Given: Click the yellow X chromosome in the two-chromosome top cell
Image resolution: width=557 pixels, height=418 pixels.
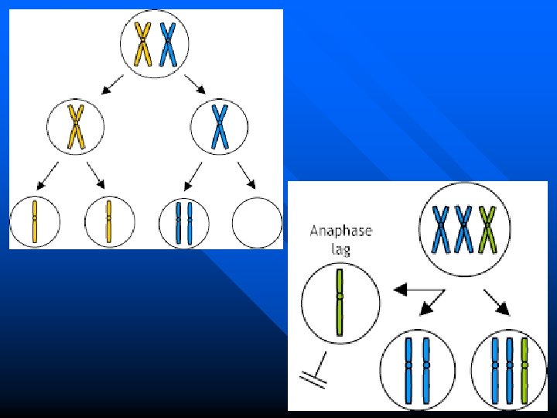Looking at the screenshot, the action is click(143, 44).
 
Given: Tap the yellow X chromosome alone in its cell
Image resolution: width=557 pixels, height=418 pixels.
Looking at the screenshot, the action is click(76, 126).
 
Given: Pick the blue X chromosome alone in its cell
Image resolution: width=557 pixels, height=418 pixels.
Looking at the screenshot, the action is click(220, 126).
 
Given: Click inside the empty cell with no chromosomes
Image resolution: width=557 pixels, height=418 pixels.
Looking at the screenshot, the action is click(257, 223).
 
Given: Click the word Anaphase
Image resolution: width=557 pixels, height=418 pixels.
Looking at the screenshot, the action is click(340, 230).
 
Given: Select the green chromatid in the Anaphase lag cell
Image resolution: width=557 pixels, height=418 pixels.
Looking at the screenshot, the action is click(339, 302).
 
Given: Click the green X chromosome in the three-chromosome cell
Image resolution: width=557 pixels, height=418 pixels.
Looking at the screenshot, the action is click(487, 228).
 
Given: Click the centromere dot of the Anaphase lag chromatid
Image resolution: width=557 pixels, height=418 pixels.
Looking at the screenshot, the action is click(339, 296).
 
